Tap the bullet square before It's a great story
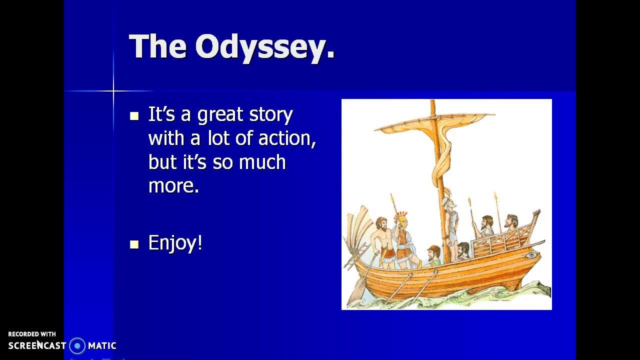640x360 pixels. tap(134, 116)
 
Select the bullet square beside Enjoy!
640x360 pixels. tap(134, 244)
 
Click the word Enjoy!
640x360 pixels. tap(175, 243)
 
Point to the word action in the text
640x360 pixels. tap(287, 138)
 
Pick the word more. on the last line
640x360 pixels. tap(173, 186)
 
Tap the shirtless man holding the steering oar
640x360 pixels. tap(382, 240)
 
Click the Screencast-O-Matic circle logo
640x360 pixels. tap(77, 345)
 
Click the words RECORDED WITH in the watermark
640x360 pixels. tap(32, 334)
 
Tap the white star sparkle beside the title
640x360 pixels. tap(113, 91)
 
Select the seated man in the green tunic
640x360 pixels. tap(433, 255)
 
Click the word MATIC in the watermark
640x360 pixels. tap(102, 345)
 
